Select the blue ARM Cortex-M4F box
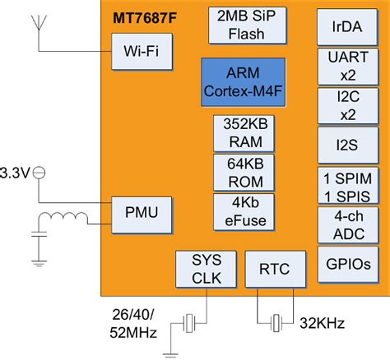tap(243, 81)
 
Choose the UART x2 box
tap(344, 65)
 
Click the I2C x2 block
tap(344, 106)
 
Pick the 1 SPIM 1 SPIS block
tap(344, 186)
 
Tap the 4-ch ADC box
tap(344, 224)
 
